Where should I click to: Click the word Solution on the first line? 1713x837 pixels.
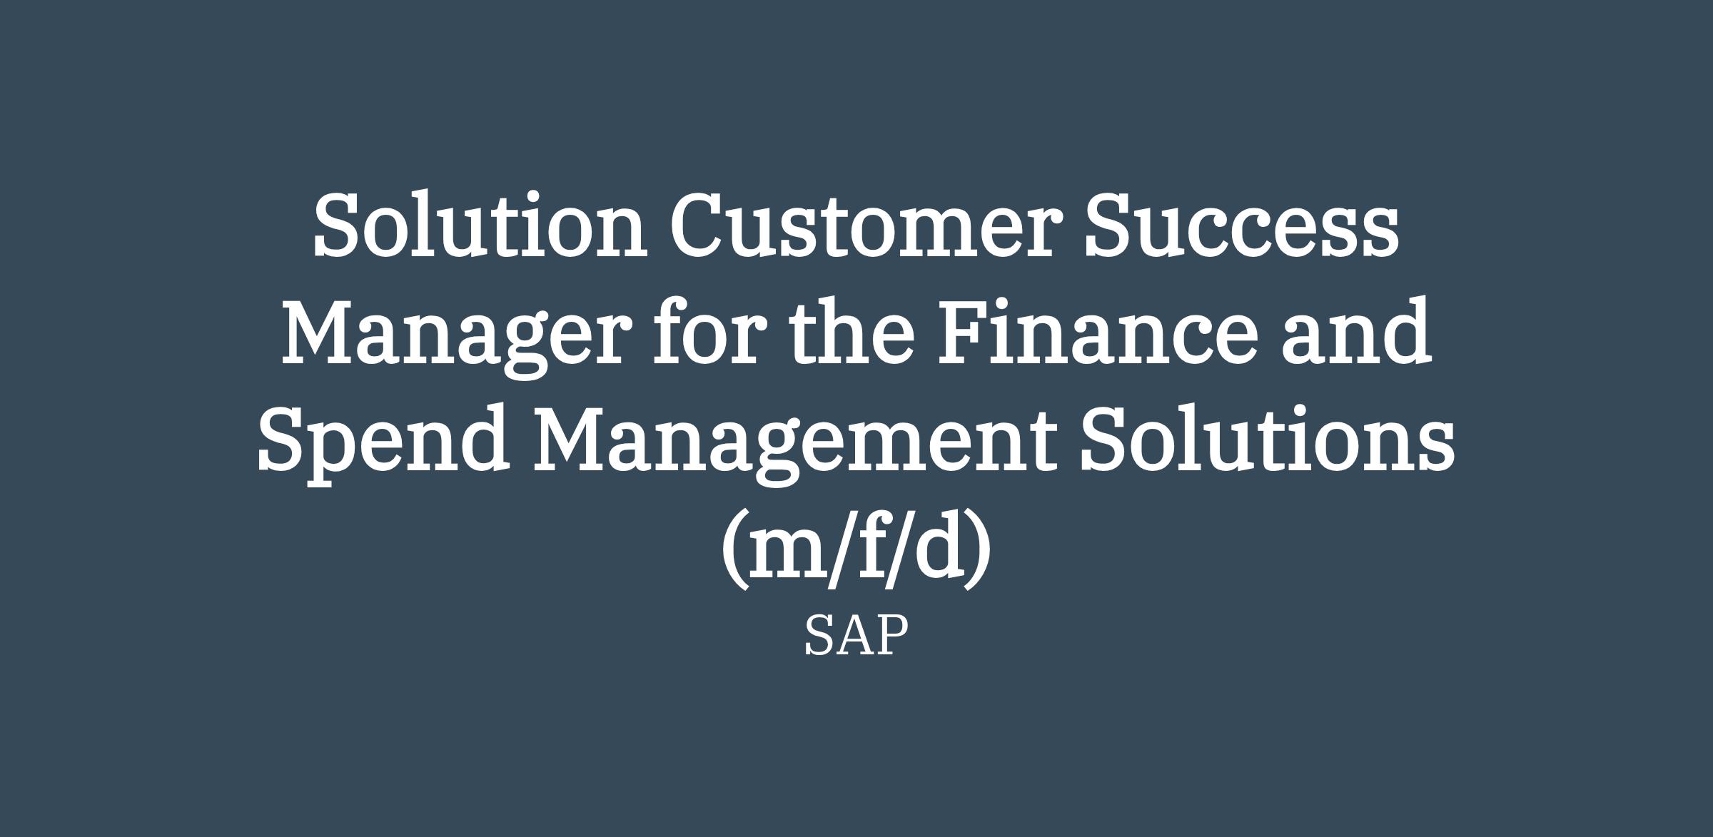tap(480, 223)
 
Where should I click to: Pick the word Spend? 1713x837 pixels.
tap(384, 441)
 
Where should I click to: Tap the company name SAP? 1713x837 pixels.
tap(856, 636)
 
